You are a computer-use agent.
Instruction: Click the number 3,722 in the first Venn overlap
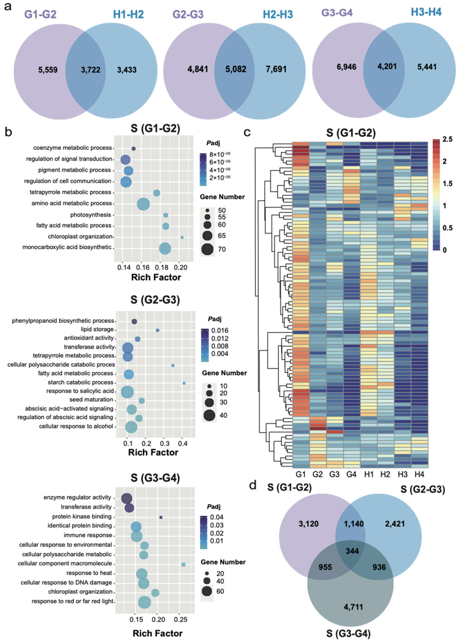(x=91, y=70)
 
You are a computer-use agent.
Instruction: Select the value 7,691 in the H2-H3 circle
(x=276, y=69)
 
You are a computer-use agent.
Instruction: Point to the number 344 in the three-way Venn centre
(x=352, y=551)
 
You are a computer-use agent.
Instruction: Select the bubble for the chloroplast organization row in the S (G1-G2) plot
(x=182, y=237)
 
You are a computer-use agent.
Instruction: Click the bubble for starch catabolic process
(x=184, y=383)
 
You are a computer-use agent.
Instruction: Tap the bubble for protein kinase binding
(x=161, y=517)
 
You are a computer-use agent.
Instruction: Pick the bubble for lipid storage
(x=158, y=330)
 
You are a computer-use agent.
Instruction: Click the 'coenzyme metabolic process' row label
(x=72, y=148)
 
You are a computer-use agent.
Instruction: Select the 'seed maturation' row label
(x=91, y=399)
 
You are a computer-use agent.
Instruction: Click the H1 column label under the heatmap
(x=369, y=474)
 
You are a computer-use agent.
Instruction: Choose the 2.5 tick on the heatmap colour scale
(x=448, y=139)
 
